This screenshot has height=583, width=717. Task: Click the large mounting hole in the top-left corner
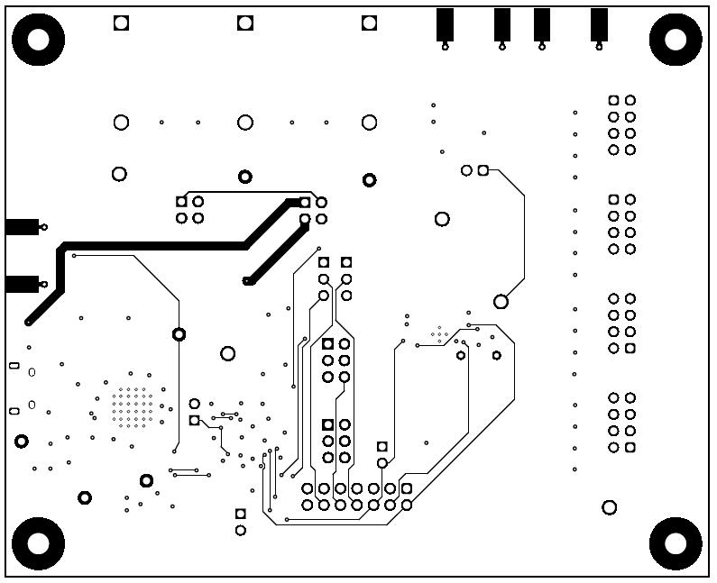coord(39,39)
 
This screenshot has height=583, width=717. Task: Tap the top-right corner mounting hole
coord(676,39)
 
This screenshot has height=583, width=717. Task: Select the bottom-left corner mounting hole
coord(39,543)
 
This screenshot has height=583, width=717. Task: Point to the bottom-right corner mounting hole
coord(676,543)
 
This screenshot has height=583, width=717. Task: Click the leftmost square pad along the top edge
coord(121,23)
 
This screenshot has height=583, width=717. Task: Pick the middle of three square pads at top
coord(244,23)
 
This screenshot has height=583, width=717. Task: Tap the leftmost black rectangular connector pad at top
coord(445,24)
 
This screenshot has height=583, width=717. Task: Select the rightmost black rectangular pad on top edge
coord(599,24)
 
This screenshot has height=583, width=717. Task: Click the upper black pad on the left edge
coord(21,226)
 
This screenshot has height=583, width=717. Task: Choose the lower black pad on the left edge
coord(21,285)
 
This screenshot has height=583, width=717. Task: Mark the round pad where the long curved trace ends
coord(501,301)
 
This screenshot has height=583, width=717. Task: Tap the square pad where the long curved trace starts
coord(483,170)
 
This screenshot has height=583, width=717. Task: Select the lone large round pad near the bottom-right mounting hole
coord(609,507)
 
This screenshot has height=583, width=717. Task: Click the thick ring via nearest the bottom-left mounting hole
coord(85,497)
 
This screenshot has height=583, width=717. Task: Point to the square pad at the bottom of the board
coord(240,514)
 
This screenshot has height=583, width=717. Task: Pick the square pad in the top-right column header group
coord(613,100)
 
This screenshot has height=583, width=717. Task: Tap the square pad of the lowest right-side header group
coord(630,447)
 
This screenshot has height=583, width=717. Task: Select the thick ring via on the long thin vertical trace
coord(179,334)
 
